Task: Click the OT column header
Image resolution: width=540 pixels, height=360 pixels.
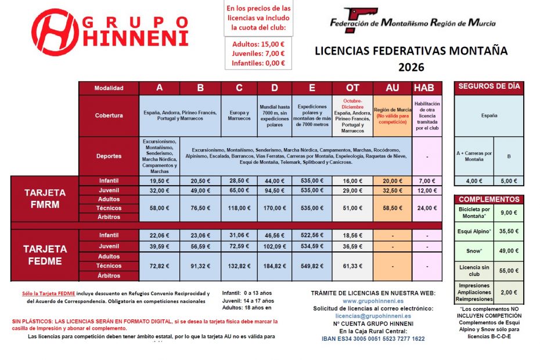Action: pos(352,88)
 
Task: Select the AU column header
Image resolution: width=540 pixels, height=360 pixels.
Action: pos(392,88)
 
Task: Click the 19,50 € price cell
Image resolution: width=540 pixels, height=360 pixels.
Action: pos(159,181)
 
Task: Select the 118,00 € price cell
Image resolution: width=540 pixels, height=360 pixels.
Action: pos(239,208)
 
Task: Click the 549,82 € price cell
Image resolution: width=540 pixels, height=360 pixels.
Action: pos(311,265)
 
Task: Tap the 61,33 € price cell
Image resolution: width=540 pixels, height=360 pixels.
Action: pos(352,265)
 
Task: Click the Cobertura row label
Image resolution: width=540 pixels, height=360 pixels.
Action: pos(109,115)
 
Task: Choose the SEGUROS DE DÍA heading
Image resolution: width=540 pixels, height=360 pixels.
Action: pos(489,87)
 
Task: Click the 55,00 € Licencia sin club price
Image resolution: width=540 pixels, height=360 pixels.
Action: pos(509,271)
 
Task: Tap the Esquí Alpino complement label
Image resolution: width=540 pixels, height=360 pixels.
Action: pos(475,231)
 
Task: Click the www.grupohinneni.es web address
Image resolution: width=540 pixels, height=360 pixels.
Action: pos(373,301)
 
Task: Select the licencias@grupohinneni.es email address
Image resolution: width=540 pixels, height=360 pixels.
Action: pos(373,316)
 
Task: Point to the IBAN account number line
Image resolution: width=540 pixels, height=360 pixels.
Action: pos(373,339)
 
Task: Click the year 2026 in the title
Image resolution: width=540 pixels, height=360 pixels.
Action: pos(411,67)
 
